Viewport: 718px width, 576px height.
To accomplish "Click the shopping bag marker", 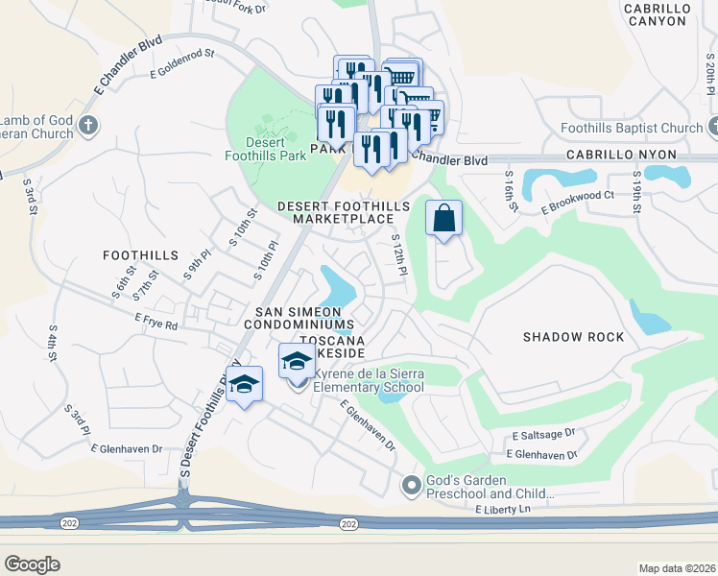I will [443, 218].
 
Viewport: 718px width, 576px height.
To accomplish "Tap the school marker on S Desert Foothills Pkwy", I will [245, 384].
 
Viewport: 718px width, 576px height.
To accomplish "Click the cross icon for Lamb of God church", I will [88, 125].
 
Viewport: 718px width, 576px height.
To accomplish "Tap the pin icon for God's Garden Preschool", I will [412, 487].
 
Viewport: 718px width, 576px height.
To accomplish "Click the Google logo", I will [32, 564].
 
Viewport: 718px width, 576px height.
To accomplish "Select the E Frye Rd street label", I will [156, 321].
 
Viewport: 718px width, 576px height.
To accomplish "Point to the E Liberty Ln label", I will [501, 510].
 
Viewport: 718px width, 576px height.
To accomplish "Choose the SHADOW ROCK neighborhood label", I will [573, 337].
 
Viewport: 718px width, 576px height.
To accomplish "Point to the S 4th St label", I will [51, 342].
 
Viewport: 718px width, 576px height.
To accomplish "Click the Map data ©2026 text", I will [676, 568].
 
